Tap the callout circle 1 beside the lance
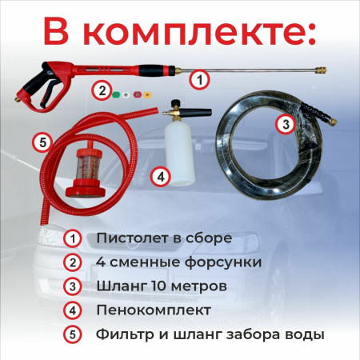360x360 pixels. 200,78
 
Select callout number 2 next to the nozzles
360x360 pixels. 101,90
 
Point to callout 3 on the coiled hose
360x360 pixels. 285,124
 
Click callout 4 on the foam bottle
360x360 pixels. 161,174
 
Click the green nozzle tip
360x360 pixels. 117,90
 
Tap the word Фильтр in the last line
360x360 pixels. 123,334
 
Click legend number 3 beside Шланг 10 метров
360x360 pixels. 74,286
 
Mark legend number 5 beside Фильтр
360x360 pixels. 74,334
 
